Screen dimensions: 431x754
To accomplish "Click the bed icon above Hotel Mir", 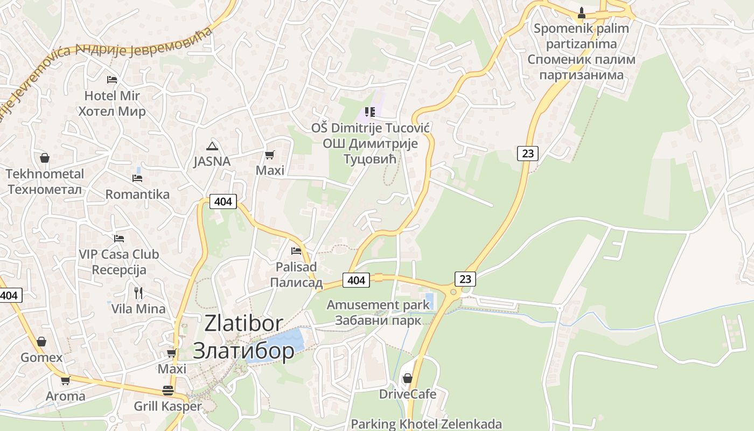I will coord(112,80).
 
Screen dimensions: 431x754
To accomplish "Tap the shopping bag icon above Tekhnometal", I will coord(45,158).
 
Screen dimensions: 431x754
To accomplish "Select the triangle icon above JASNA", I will coord(212,145).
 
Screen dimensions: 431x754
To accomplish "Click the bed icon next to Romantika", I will coord(137,178).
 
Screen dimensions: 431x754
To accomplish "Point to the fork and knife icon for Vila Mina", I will coord(138,293).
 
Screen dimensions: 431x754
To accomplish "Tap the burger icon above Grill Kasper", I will coord(168,390).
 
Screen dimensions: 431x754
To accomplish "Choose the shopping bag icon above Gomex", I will coord(41,342).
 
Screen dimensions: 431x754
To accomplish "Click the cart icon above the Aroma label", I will coord(65,380).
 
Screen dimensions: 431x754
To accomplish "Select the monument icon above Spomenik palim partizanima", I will coord(581,12).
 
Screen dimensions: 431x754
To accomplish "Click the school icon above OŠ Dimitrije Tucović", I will coord(369,112).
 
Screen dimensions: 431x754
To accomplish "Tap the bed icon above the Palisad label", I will coord(296,251).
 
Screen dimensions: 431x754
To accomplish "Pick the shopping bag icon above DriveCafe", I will coord(407,378).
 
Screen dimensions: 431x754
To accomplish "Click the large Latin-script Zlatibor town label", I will coord(243,323).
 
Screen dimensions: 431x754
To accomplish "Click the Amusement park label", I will coord(378,305).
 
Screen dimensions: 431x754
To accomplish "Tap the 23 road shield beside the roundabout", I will coord(465,279).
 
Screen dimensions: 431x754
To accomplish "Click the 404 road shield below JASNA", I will coord(223,201).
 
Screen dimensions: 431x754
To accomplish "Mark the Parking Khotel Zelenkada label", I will coord(426,424).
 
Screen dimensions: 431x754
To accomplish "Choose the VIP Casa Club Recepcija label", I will coord(119,261).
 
